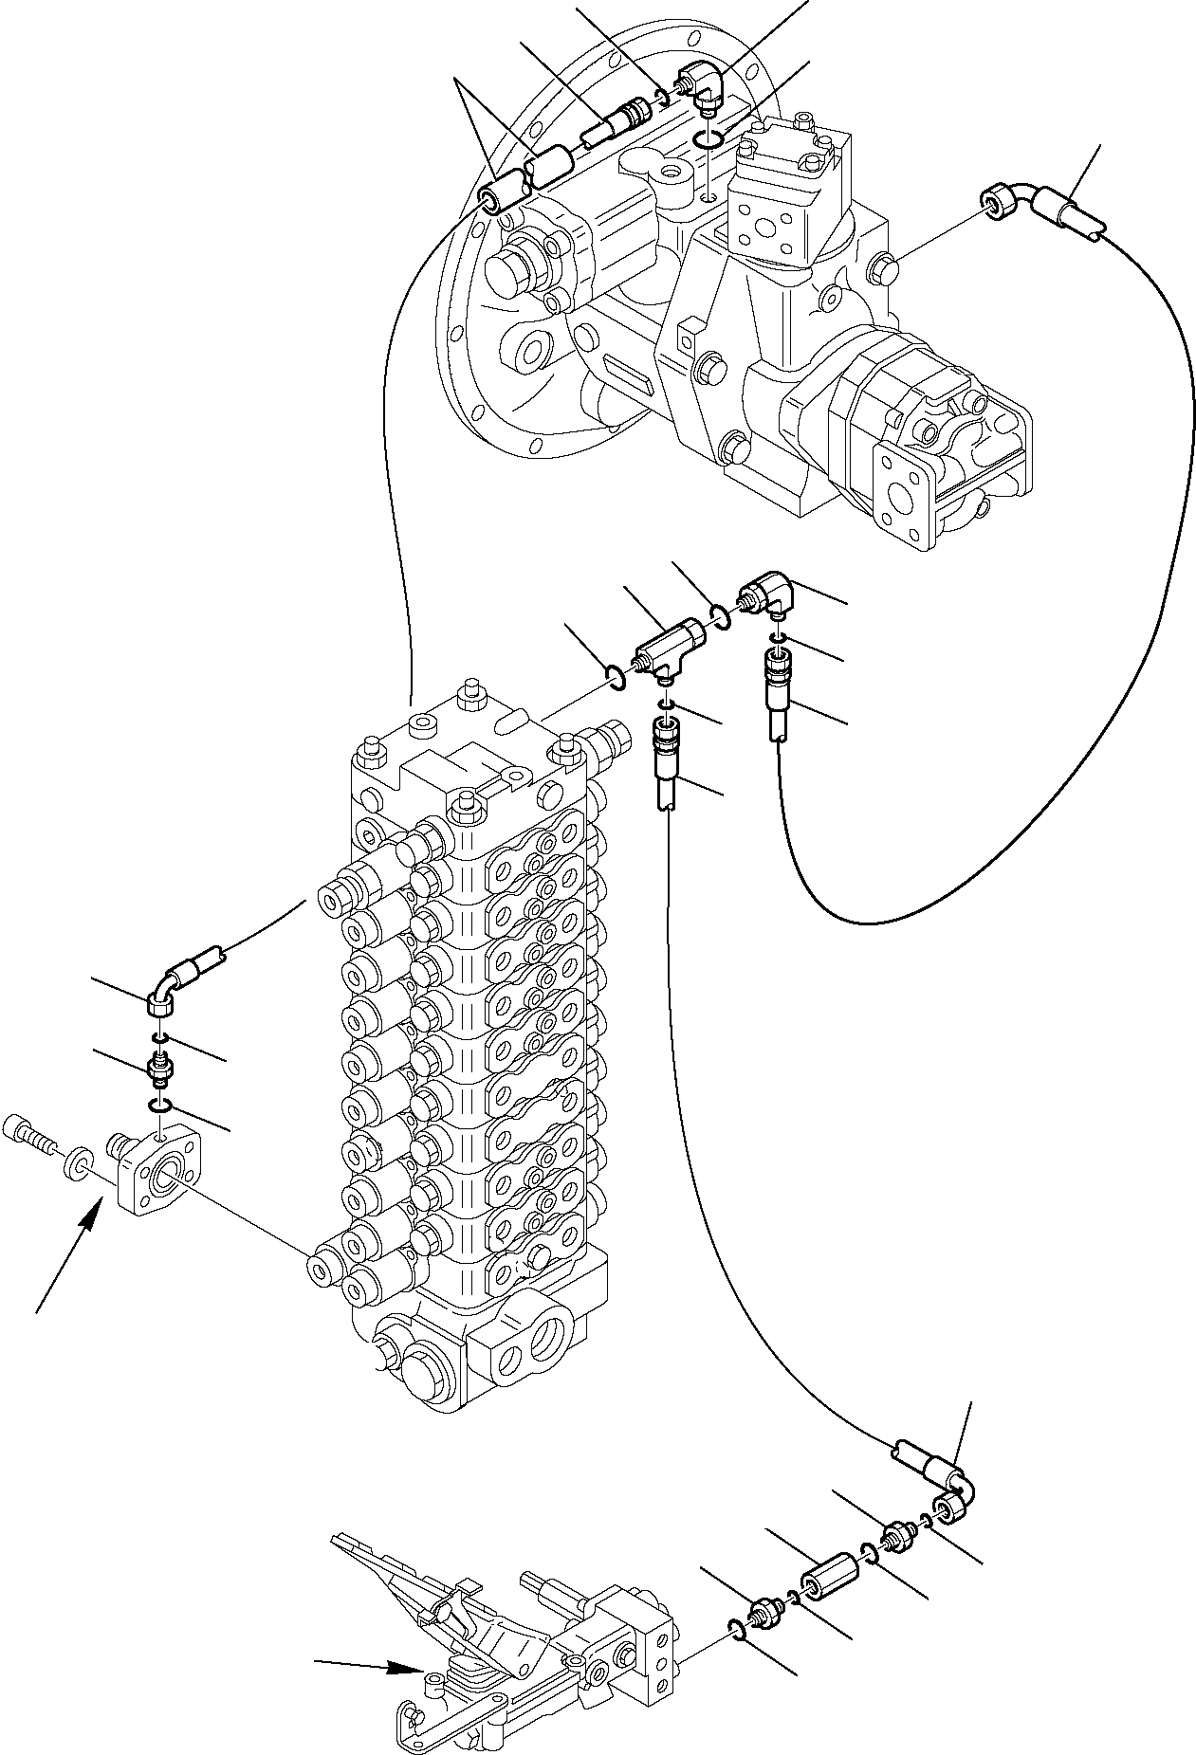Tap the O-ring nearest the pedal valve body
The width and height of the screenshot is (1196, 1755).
pos(737,1627)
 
